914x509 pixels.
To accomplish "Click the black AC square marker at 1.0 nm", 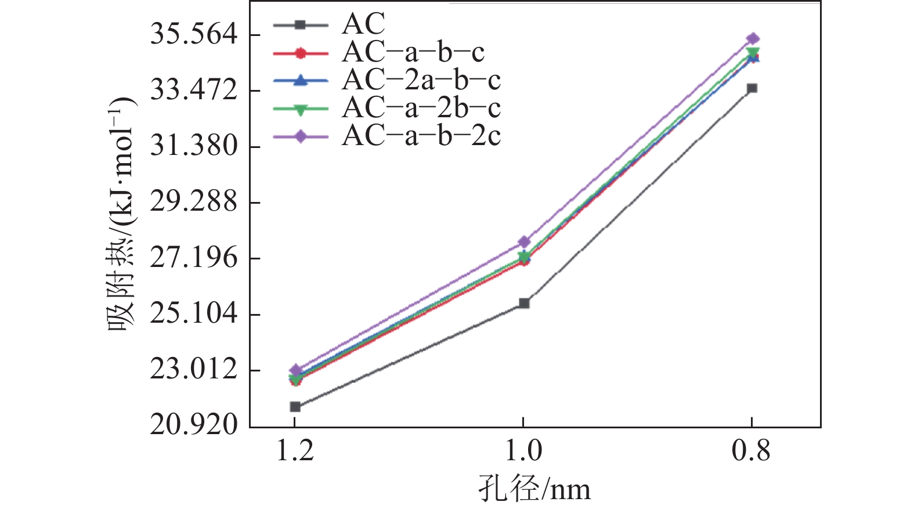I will coord(523,303).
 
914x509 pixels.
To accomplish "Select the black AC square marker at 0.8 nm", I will coord(752,88).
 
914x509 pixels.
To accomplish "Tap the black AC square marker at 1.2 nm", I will coord(295,407).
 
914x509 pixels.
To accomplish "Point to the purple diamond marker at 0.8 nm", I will coord(753,39).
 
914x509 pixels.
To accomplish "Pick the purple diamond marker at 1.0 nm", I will coord(523,241).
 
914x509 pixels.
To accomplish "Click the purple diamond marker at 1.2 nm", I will coord(295,370).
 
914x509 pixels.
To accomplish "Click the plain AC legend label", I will coord(363,24).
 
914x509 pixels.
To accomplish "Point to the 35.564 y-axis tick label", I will coord(194,34).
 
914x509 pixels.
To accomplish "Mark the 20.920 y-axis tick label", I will coord(194,425).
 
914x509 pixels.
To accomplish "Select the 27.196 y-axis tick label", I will coord(194,258).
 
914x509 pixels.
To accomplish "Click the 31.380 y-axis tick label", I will coord(194,146).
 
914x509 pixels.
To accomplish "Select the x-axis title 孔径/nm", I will coord(534,489).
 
